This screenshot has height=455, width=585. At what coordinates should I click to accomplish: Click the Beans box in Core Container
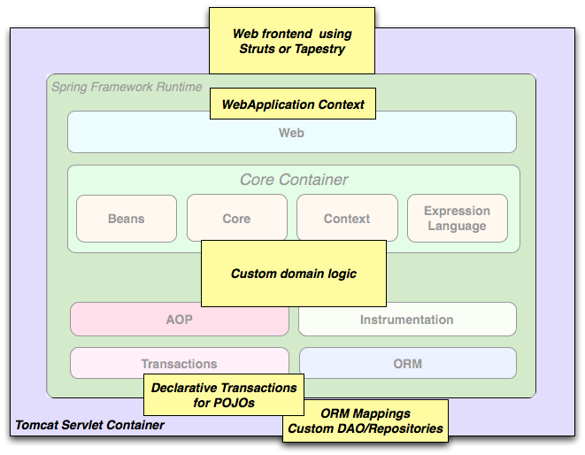point(127,219)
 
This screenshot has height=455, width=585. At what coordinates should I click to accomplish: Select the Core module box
point(236,219)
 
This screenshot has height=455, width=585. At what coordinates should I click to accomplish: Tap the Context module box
point(347,219)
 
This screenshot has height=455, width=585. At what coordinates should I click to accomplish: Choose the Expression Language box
point(457,219)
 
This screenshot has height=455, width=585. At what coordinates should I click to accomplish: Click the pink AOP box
point(180,320)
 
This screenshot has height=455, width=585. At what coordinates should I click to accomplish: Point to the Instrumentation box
point(406,320)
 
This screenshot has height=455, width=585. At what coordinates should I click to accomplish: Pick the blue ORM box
point(407,363)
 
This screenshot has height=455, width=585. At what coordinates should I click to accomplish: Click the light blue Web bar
point(292,132)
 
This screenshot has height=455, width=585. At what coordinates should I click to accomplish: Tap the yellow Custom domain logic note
point(294,274)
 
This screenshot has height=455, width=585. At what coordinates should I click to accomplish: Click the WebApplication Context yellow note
point(293,104)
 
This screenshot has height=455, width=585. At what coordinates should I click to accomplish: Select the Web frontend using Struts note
point(292,41)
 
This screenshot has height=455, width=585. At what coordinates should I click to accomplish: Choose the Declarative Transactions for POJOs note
point(224,395)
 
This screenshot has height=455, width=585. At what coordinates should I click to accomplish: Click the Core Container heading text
point(294,180)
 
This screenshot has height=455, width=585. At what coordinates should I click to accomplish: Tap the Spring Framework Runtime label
point(127,87)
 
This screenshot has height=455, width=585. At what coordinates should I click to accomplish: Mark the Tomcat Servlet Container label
point(89,425)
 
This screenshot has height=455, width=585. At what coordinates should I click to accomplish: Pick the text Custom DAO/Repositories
point(365,429)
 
